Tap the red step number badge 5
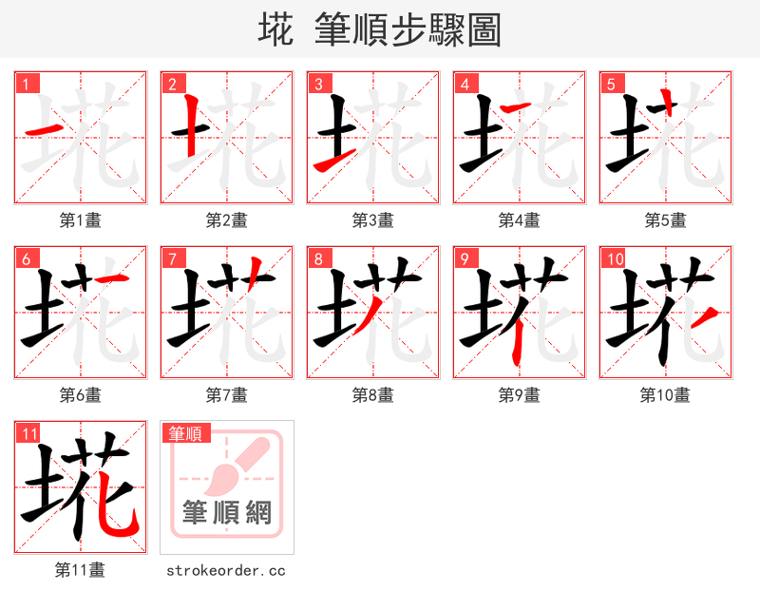(x=612, y=84)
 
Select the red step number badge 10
(x=614, y=258)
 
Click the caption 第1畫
(x=81, y=220)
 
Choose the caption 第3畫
(x=373, y=220)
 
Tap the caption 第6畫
(x=81, y=394)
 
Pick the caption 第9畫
(x=520, y=394)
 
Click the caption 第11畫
(x=81, y=570)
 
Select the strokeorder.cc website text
(x=226, y=570)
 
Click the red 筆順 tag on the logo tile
(x=185, y=433)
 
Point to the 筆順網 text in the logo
(x=227, y=513)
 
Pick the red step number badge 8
(x=319, y=258)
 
